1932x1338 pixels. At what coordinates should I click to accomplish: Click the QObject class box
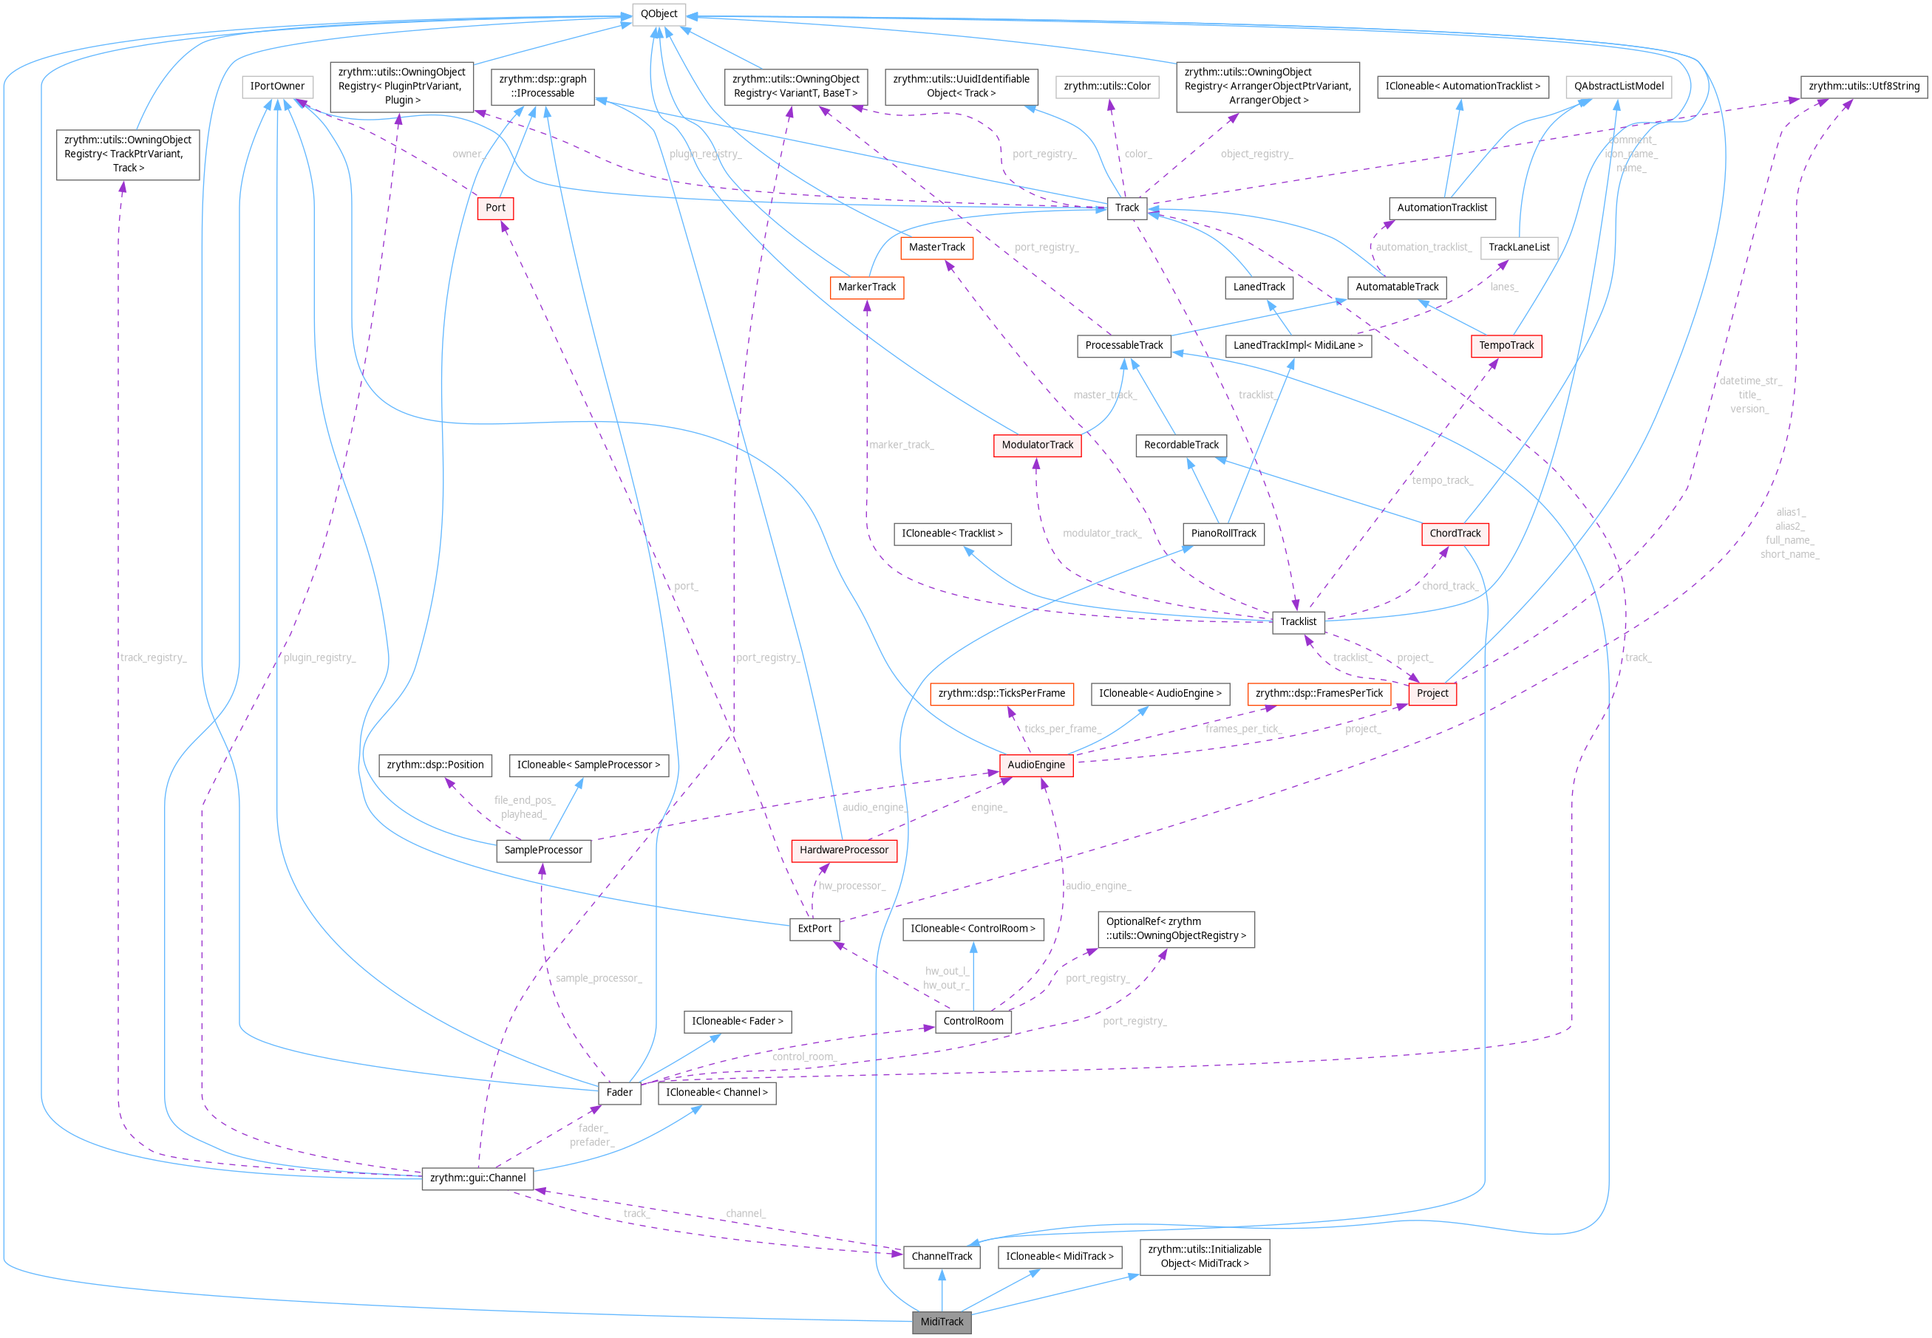click(x=659, y=13)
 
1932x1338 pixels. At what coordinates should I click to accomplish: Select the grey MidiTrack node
click(x=942, y=1321)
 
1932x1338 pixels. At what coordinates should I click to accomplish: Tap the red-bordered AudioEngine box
click(x=1035, y=765)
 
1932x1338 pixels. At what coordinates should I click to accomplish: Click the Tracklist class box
click(x=1298, y=621)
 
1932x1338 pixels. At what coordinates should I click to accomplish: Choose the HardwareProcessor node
click(x=843, y=850)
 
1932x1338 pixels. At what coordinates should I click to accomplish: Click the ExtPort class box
click(x=814, y=929)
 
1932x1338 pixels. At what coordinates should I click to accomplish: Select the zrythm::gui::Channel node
click(x=478, y=1178)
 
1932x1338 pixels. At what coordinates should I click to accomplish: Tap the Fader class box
click(x=619, y=1093)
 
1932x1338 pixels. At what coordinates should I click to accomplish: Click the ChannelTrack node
click(x=942, y=1256)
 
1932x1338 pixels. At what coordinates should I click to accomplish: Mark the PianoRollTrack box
click(x=1223, y=533)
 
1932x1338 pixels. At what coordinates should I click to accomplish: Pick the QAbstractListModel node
click(x=1619, y=86)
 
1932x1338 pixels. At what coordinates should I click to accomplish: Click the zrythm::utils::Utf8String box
click(x=1863, y=86)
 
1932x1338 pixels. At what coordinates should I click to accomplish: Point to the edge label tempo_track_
click(x=1441, y=480)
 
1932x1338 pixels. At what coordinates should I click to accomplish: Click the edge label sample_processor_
click(x=598, y=978)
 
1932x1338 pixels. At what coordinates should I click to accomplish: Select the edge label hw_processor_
click(x=851, y=885)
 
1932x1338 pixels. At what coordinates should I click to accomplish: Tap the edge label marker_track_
click(x=901, y=444)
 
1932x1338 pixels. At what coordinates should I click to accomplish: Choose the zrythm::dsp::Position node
click(x=435, y=765)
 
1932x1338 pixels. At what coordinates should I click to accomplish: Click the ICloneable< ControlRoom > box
click(x=973, y=929)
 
